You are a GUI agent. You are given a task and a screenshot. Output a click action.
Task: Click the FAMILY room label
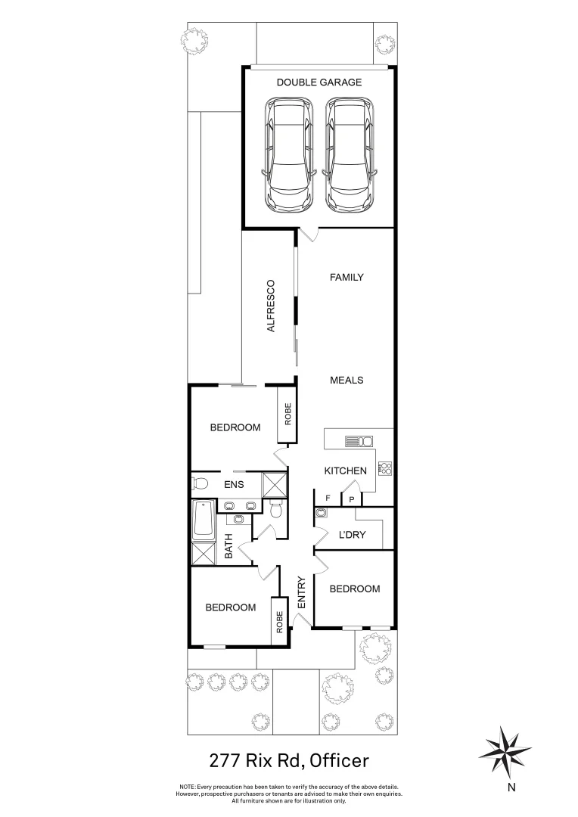[346, 277]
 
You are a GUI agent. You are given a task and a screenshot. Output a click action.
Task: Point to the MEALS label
[346, 380]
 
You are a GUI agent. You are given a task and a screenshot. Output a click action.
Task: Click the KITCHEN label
[346, 471]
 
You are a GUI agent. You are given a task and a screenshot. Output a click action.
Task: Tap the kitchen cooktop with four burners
[384, 468]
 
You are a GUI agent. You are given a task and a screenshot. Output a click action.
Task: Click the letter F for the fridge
[328, 499]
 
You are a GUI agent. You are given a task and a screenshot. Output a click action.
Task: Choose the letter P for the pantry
[352, 499]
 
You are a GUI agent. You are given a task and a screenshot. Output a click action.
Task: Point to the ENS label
[233, 485]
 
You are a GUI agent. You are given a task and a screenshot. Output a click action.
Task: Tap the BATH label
[228, 547]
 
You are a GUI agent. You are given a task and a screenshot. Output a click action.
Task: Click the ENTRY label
[301, 593]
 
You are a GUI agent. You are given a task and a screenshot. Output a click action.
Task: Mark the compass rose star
[504, 751]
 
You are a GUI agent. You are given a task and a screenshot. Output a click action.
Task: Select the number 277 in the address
[227, 759]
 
